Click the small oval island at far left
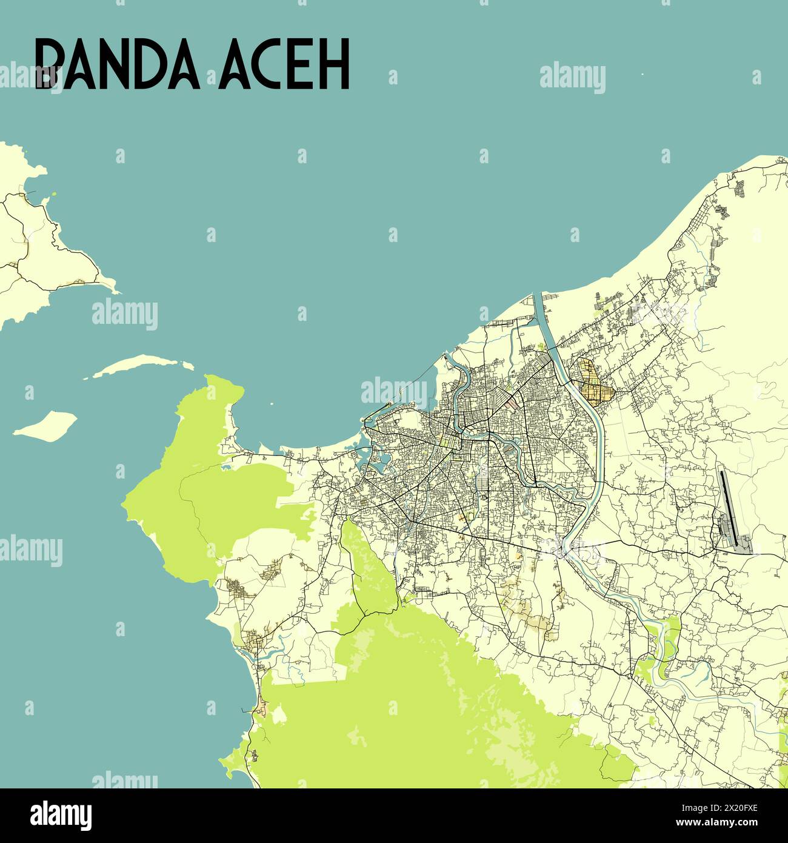[45, 425]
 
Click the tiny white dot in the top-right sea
[642, 75]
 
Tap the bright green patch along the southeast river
[658, 643]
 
